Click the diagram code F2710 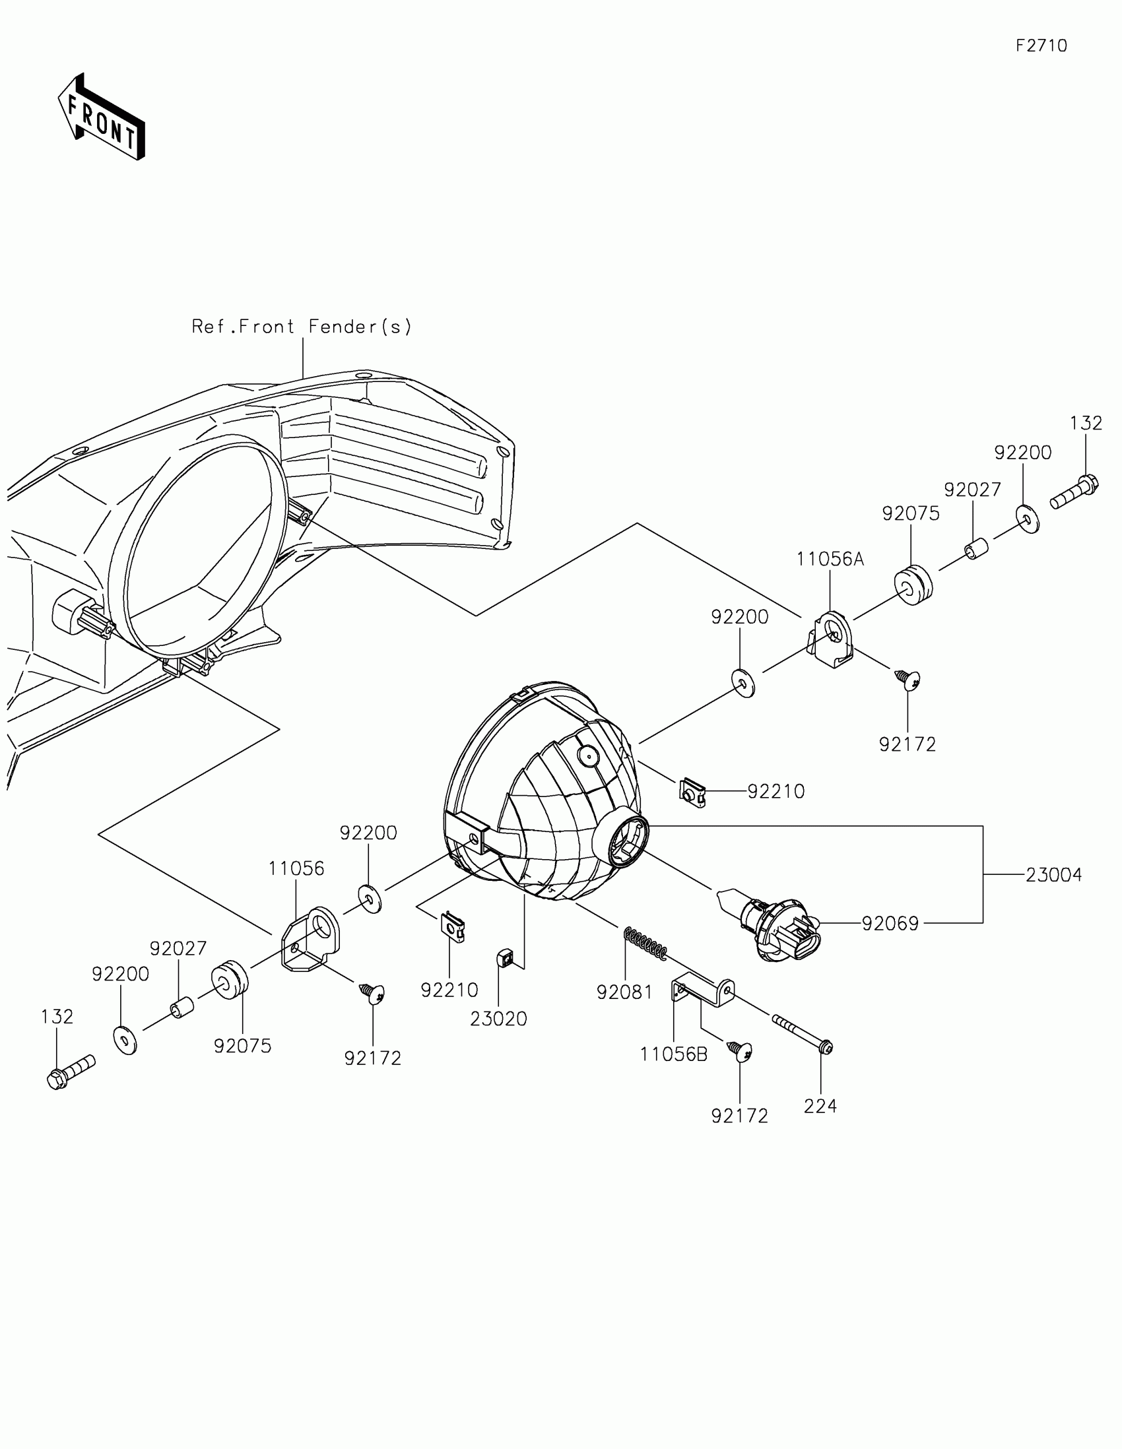tap(1041, 46)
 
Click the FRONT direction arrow tap(101, 118)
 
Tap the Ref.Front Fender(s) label tap(302, 327)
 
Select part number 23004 tap(1053, 875)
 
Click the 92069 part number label tap(890, 924)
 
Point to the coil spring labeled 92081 tap(645, 944)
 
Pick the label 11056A tap(830, 560)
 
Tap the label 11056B tap(673, 1054)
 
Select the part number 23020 tap(498, 1019)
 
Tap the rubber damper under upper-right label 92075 tap(913, 585)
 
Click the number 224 tap(820, 1106)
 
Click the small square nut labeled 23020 tap(504, 957)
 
